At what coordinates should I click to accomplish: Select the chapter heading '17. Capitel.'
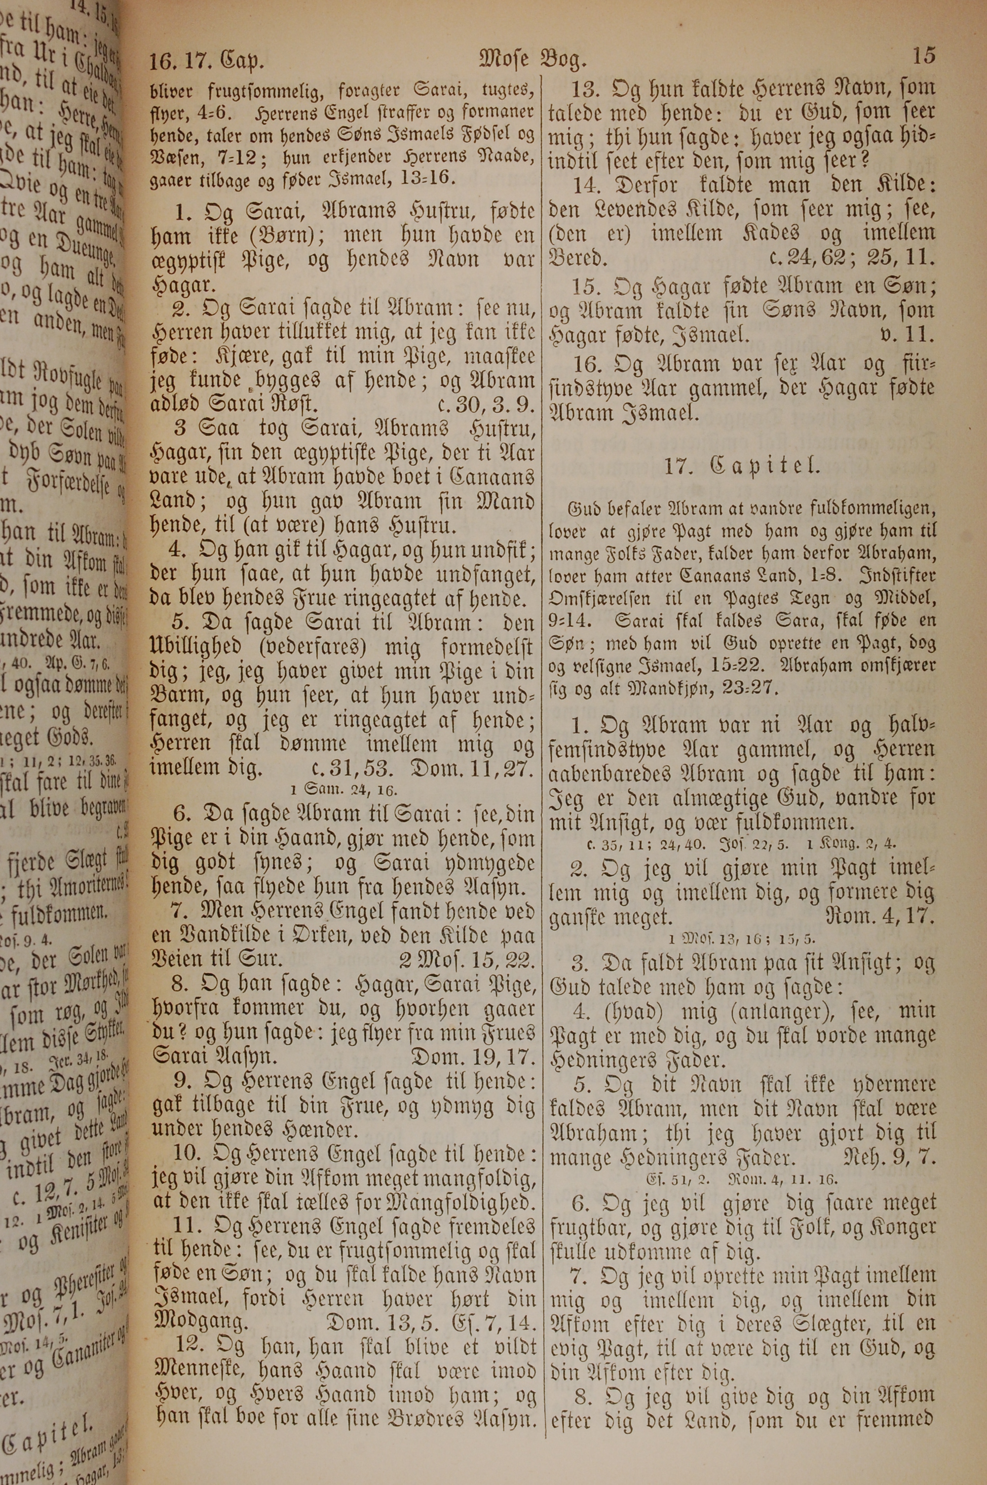coord(742,467)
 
